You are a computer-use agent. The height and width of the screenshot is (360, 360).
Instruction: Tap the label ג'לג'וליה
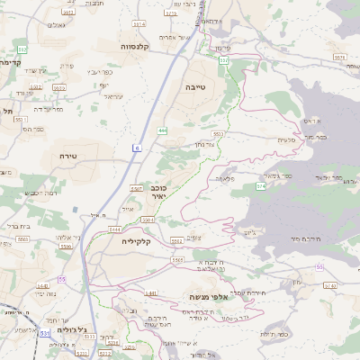coord(71,331)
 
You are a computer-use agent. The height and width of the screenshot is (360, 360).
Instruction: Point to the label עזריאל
coord(112,97)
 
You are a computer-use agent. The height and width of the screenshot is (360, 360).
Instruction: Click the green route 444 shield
coord(162,130)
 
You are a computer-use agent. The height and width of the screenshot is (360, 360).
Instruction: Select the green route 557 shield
coord(224,60)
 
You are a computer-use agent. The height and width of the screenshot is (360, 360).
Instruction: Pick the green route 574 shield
coord(260,185)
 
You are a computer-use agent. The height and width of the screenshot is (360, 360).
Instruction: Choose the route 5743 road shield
coord(330,284)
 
